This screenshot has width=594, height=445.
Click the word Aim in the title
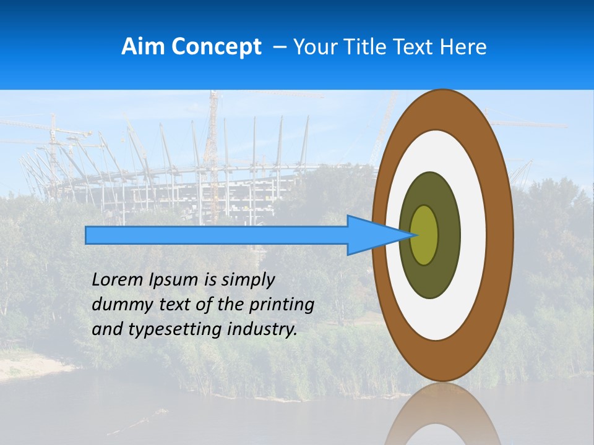point(140,47)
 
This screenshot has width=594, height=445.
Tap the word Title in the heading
point(364,47)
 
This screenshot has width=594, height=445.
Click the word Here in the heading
point(463,47)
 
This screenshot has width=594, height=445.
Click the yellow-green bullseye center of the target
point(424,235)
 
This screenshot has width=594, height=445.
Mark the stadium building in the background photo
point(186,185)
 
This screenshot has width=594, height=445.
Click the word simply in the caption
point(247,280)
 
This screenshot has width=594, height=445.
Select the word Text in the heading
point(416,47)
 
